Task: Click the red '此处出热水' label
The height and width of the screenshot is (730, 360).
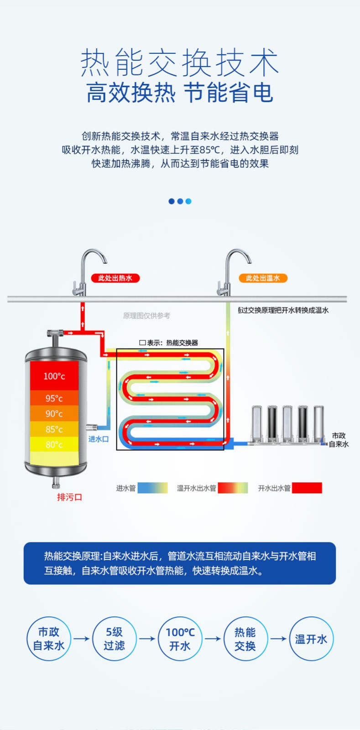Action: point(115,278)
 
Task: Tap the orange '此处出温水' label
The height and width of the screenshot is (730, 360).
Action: point(263,278)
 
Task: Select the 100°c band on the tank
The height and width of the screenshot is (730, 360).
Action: point(54,376)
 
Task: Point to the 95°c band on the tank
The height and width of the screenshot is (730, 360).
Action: point(54,398)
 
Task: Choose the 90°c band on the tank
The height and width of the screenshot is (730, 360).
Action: point(54,413)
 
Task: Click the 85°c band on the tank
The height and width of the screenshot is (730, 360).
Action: point(54,429)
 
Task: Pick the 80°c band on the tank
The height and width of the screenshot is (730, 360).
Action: point(54,444)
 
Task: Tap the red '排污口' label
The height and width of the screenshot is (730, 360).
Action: point(69,497)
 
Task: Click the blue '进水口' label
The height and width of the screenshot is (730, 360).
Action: point(99,439)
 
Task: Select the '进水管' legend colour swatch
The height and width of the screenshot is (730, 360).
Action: point(152,488)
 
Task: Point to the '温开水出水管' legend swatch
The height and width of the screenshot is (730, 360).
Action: point(233,488)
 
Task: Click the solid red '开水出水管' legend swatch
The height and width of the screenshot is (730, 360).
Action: point(307,488)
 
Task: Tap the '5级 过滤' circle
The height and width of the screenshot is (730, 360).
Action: point(115,639)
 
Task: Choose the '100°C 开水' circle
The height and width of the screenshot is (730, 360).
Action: point(180,639)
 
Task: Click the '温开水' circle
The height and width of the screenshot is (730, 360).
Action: point(312,639)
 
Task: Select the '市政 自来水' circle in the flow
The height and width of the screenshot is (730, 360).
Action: point(49,639)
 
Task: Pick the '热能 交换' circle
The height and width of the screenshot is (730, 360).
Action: point(245,639)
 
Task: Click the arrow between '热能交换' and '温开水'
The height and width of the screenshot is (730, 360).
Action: point(278,639)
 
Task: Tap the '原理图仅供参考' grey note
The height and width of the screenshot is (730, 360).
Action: point(146,315)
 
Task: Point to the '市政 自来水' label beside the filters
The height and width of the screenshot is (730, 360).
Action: point(339,440)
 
